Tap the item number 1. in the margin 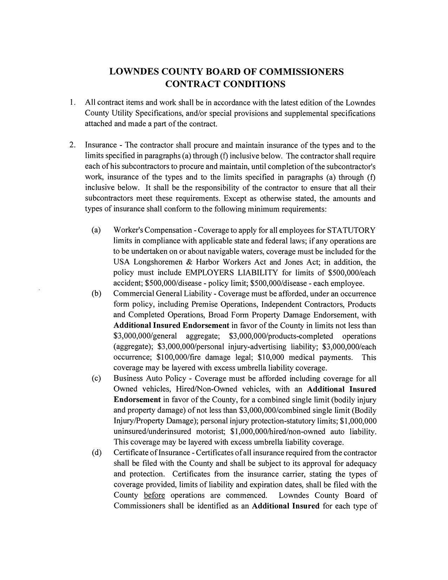72,103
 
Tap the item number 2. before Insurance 72,145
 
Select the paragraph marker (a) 96,230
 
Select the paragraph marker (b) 96,294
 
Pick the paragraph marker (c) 96,379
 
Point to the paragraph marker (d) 96,453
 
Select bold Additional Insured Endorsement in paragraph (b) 171,326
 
